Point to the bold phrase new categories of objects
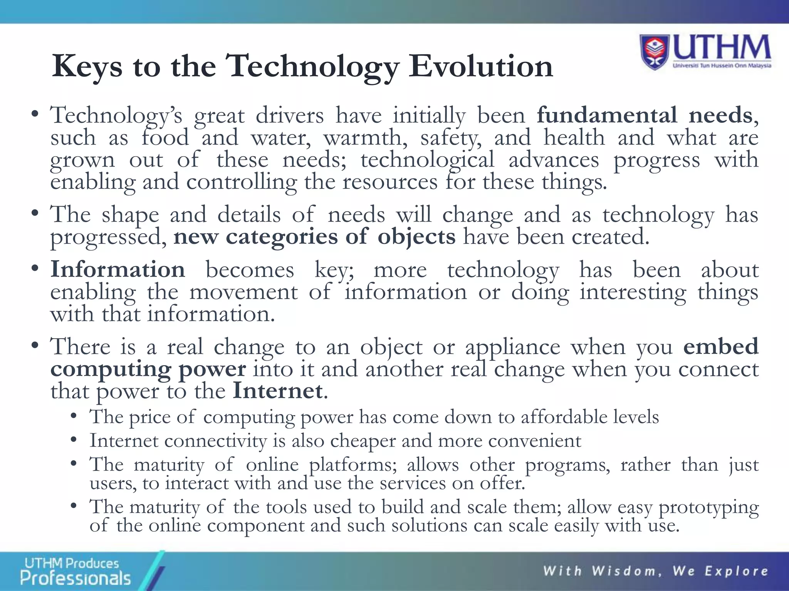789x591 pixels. point(314,236)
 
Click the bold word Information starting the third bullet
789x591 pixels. point(118,269)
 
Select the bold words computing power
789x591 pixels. point(148,369)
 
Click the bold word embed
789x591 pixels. point(720,346)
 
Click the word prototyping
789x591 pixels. point(708,508)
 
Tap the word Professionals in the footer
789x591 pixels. point(76,578)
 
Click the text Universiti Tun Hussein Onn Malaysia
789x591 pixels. point(722,66)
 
